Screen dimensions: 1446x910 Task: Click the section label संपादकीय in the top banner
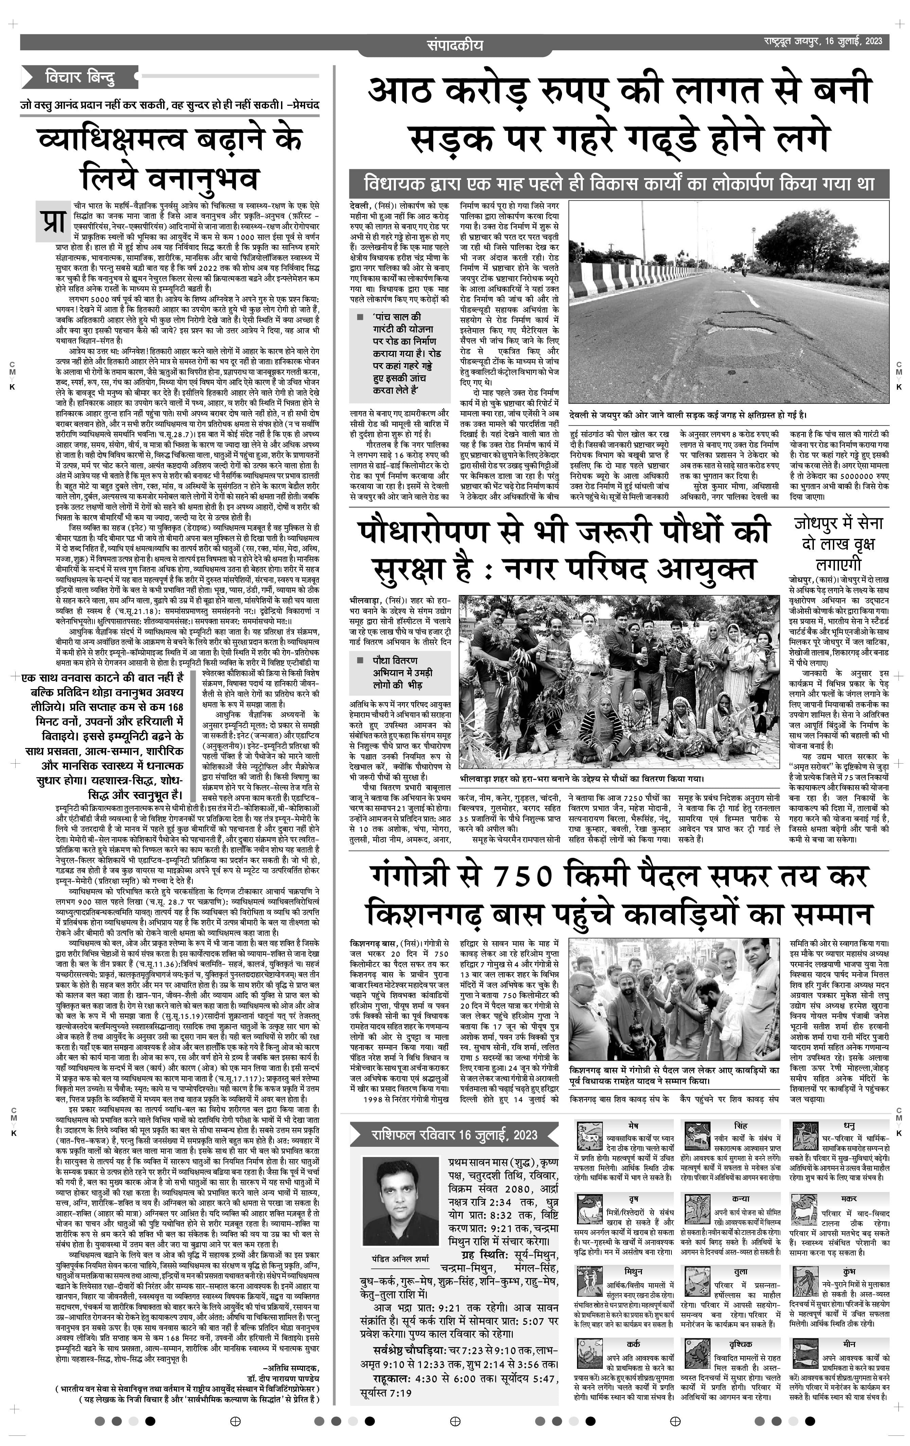tap(454, 45)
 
